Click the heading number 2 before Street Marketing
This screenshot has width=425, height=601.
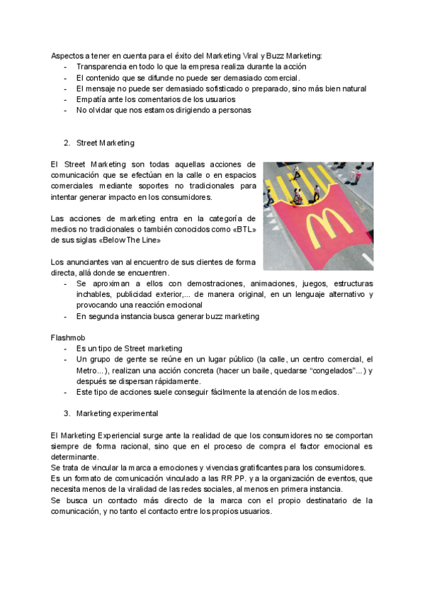tap(66, 142)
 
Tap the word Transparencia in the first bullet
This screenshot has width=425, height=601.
tap(103, 67)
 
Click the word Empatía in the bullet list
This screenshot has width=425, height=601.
tap(92, 99)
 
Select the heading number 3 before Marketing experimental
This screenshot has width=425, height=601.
tap(66, 412)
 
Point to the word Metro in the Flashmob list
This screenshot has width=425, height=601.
tap(89, 371)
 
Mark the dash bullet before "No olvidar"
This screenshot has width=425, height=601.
tap(66, 110)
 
